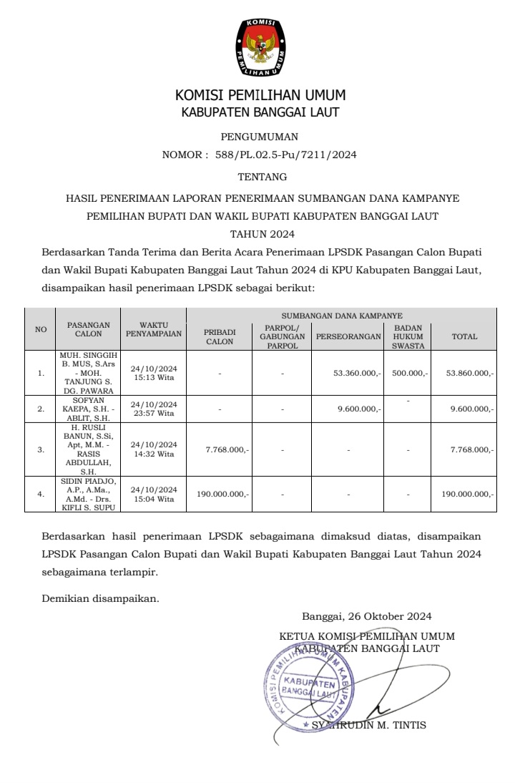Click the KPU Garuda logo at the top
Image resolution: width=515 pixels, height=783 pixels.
(x=260, y=49)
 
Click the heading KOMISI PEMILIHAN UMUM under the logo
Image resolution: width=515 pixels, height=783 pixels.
(x=260, y=95)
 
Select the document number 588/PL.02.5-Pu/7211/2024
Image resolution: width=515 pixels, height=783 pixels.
(x=285, y=154)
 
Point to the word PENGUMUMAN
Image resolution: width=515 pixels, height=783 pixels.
(x=260, y=137)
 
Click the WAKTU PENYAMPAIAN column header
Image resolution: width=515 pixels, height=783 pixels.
(x=154, y=329)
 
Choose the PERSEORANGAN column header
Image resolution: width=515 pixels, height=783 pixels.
(x=348, y=336)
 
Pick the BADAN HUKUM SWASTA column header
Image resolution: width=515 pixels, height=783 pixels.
(x=408, y=336)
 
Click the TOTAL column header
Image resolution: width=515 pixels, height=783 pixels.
(x=464, y=336)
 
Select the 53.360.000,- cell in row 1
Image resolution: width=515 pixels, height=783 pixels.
(x=358, y=373)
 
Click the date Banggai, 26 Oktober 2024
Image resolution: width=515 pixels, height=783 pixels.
(x=366, y=616)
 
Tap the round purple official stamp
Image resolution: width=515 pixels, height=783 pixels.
(x=309, y=681)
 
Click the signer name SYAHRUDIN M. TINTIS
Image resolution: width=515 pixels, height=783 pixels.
(x=368, y=725)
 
